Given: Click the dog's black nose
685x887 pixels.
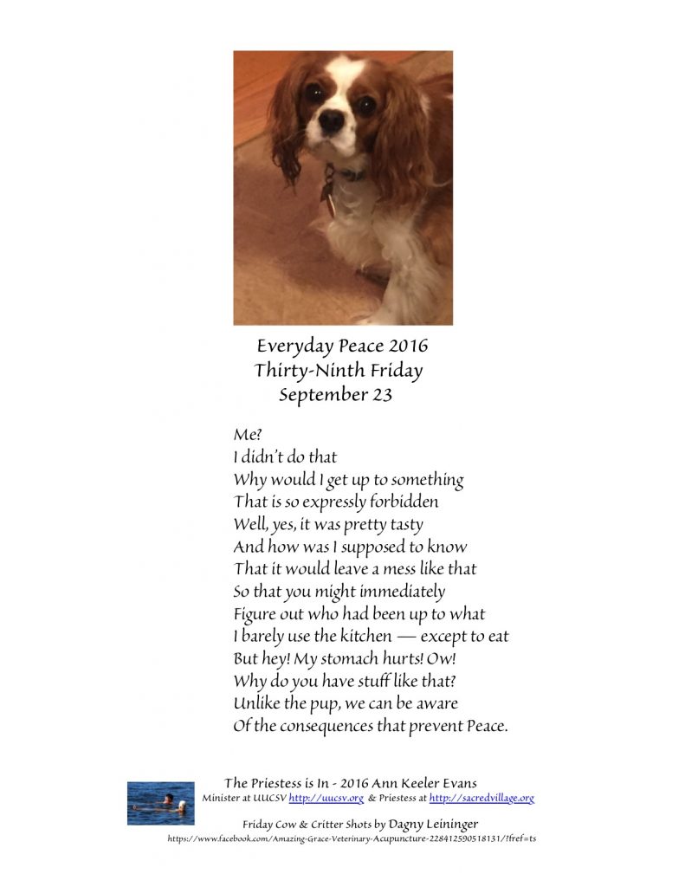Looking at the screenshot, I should coord(332,121).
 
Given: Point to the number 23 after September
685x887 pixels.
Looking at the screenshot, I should coord(382,396).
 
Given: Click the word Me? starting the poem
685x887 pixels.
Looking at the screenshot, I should coord(248,433).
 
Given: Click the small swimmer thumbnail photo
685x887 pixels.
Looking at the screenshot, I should coord(160,803).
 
